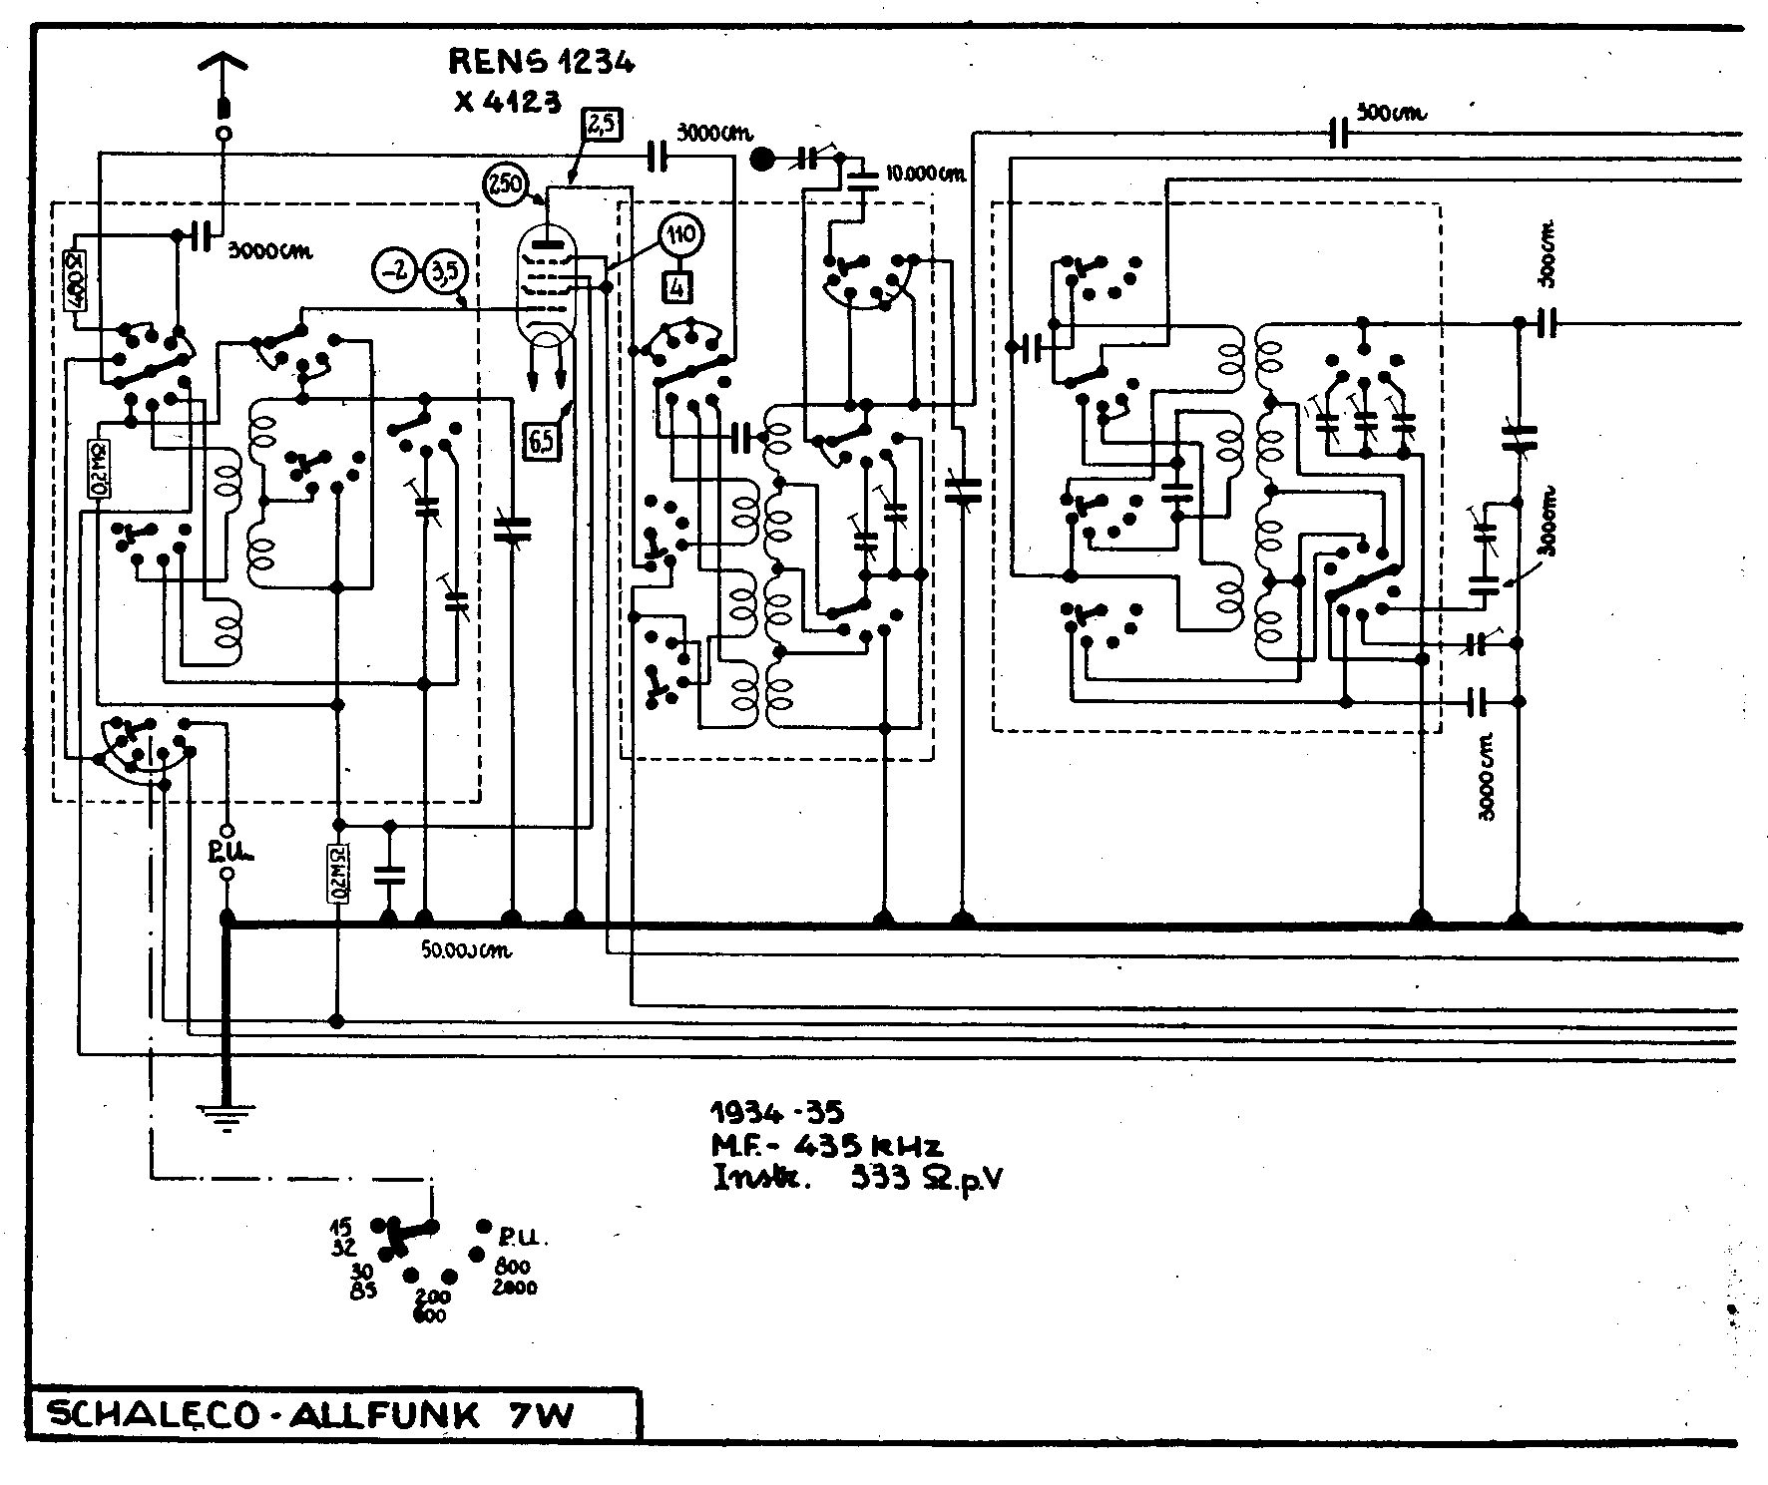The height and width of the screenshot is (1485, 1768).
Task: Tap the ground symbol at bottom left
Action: coord(226,1116)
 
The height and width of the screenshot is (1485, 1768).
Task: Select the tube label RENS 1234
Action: coord(541,63)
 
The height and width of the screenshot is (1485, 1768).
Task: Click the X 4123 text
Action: coord(507,101)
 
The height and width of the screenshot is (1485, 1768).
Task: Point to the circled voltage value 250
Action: coord(505,185)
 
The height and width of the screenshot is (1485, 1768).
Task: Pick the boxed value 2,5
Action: coord(601,126)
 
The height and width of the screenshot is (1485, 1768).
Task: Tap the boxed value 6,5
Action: coord(542,440)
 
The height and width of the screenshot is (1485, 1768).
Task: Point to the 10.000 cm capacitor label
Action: coord(926,174)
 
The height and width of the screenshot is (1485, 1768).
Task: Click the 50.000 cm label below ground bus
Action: coord(466,951)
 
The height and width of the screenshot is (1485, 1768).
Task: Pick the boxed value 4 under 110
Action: coord(678,287)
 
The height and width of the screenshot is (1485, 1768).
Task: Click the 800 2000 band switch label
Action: coord(514,1276)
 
